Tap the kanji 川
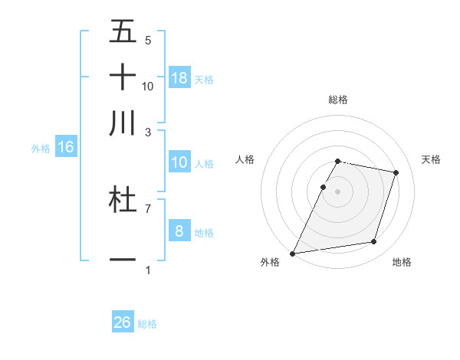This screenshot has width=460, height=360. (123, 123)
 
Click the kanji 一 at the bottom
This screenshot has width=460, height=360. (123, 260)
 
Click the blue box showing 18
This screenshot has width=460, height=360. (179, 78)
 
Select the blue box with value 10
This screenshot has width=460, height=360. (179, 162)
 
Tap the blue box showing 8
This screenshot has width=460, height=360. (179, 231)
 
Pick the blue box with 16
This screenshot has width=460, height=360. (66, 147)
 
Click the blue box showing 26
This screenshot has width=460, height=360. (123, 322)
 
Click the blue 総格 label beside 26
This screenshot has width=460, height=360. (148, 324)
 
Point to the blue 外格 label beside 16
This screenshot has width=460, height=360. (41, 149)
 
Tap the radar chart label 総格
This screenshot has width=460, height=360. (338, 100)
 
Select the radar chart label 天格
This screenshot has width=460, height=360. (432, 159)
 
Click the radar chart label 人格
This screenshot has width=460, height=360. (245, 159)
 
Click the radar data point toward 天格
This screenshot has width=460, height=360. (396, 172)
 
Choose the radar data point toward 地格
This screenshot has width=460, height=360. (374, 242)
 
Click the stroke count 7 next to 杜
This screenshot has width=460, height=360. (148, 208)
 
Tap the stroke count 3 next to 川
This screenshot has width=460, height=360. (148, 132)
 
